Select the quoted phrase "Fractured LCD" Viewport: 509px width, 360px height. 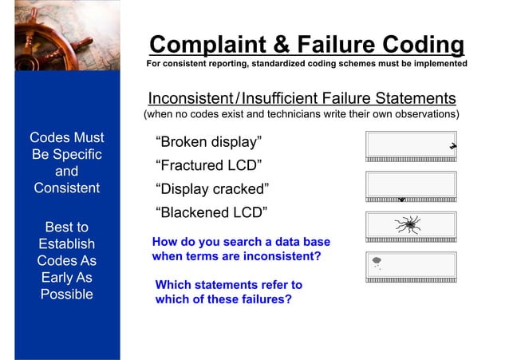point(211,166)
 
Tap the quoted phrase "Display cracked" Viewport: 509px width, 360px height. point(214,189)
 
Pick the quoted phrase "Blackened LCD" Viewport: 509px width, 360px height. point(213,212)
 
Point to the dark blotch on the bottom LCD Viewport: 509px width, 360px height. point(377,260)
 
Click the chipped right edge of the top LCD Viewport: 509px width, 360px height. point(452,146)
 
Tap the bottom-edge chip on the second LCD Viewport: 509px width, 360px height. point(402,200)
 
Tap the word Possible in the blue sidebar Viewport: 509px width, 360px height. point(67,295)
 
